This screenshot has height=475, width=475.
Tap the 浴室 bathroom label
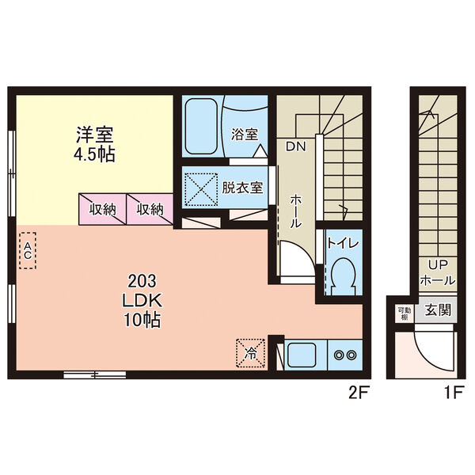click(x=245, y=135)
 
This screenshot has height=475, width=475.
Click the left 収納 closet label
click(x=102, y=210)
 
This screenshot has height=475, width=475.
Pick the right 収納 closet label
click(x=150, y=210)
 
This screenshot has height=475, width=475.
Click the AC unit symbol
click(x=27, y=250)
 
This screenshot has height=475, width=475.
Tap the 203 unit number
click(x=142, y=280)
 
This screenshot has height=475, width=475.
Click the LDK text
click(x=142, y=300)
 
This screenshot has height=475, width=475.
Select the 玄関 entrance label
click(x=436, y=310)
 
